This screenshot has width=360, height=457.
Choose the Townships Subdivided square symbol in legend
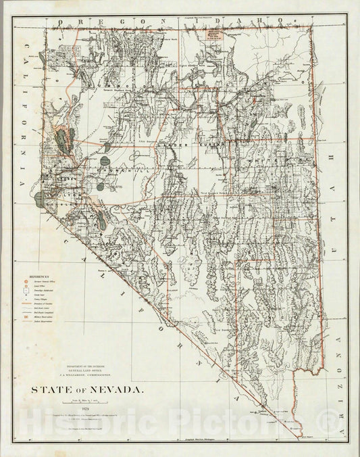tap(27, 293)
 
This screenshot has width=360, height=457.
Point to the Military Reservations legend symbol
tap(27, 326)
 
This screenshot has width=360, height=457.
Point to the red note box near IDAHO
tap(215, 33)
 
